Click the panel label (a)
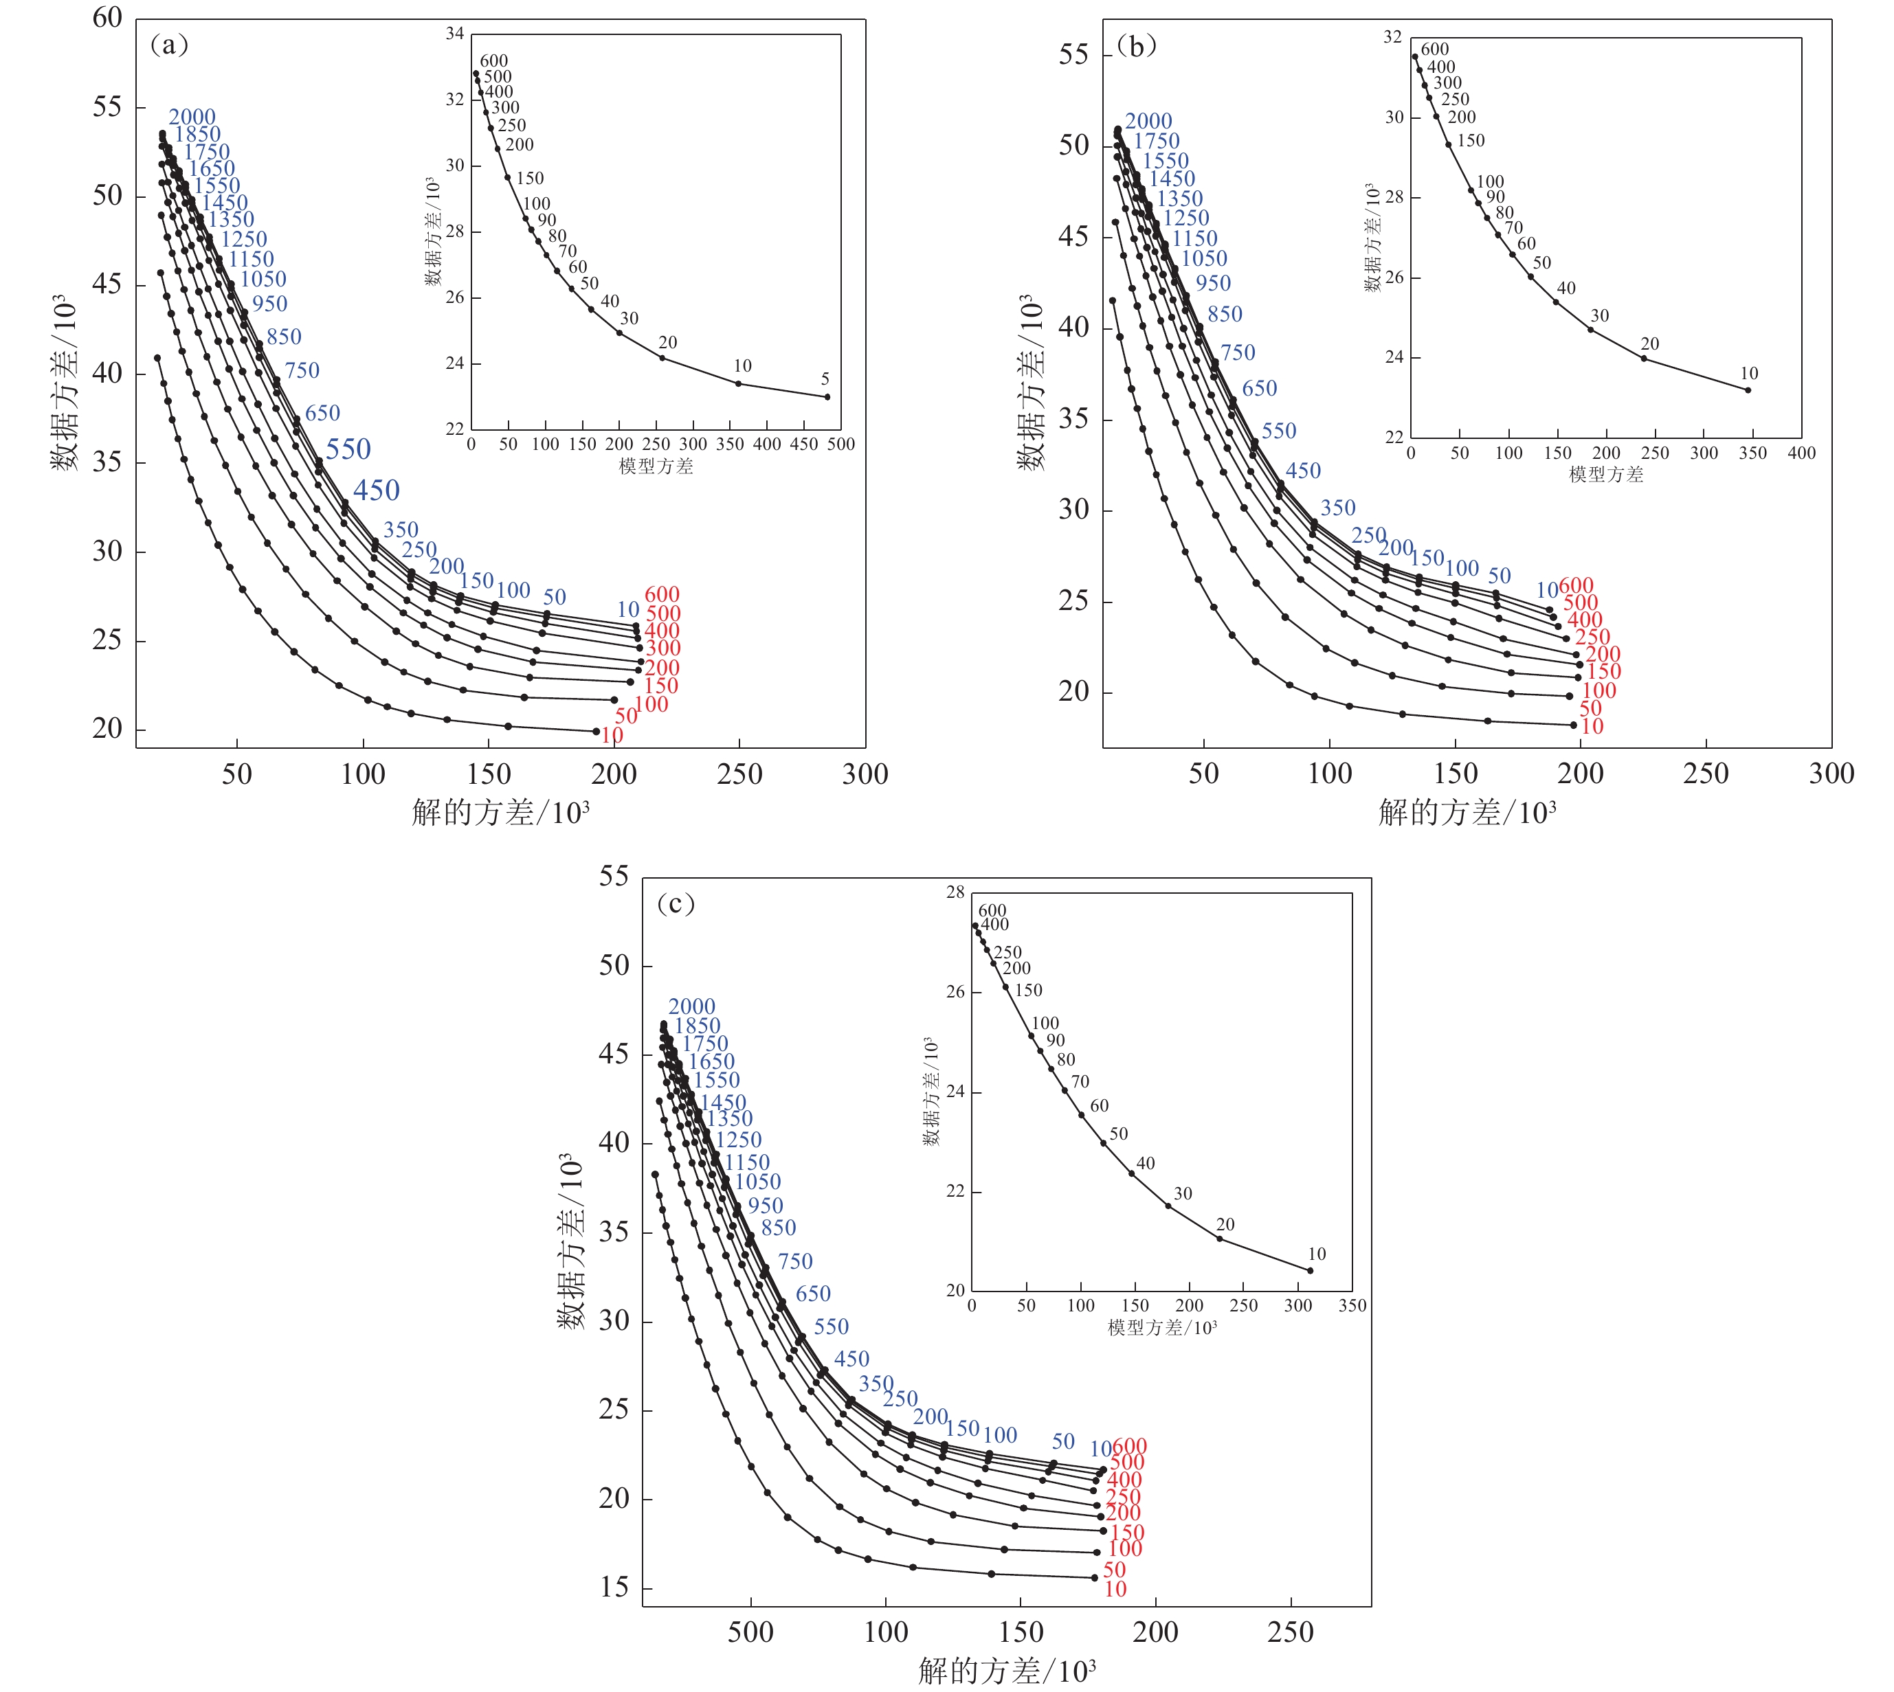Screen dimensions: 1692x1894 (169, 45)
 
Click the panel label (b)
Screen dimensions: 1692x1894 (1136, 45)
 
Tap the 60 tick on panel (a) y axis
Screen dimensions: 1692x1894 (108, 18)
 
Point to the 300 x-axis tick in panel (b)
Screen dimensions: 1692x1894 (1831, 774)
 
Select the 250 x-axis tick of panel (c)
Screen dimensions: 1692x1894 (1290, 1632)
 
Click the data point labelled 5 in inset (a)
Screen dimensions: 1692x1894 (827, 397)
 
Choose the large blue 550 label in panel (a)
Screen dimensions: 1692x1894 (348, 450)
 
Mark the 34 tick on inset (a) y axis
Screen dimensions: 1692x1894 (455, 34)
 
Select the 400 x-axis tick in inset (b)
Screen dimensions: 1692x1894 (1801, 453)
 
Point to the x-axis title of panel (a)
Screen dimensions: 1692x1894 (500, 813)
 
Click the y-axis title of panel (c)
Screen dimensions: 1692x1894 (571, 1241)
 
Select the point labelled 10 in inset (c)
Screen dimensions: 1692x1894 (1310, 1271)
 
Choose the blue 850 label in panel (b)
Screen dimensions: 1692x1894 (1225, 314)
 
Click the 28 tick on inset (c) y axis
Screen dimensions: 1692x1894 (956, 892)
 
